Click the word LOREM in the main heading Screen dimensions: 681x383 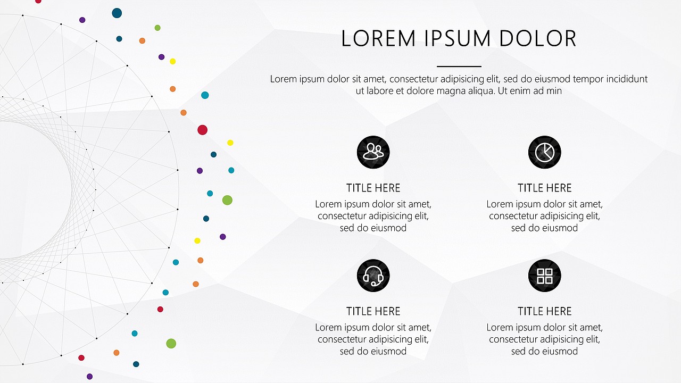point(378,39)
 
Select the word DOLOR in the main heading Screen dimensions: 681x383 point(537,39)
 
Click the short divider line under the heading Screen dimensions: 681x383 point(459,66)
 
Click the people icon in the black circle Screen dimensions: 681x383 point(373,152)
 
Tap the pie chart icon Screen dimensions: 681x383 point(544,152)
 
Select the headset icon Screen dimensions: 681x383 point(373,276)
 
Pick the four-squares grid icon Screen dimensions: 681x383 point(544,276)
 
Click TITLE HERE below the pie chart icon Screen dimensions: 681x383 point(544,188)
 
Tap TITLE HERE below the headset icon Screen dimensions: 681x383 point(373,311)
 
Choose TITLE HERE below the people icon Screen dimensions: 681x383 point(373,188)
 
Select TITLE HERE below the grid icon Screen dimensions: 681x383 point(544,311)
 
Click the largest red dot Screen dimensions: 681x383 point(203,130)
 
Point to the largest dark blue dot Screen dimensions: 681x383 point(117,13)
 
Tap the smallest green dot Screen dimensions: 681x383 point(157,28)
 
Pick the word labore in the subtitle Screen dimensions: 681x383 point(380,90)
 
